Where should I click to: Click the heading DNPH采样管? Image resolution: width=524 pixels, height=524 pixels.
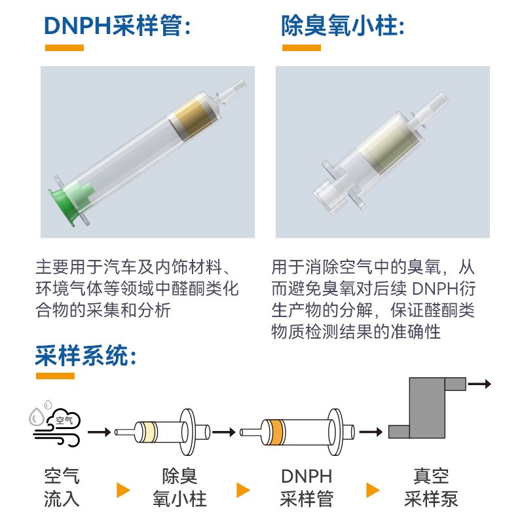point(118,26)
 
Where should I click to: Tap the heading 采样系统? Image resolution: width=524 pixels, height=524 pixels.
point(85,356)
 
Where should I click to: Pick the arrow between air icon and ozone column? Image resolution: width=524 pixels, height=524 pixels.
point(99,432)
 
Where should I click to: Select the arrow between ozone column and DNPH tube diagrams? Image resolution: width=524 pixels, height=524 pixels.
point(224,432)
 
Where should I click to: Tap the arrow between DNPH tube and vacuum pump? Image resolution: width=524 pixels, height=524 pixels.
point(371,432)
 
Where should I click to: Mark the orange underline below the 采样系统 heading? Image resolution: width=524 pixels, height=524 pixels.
point(55,376)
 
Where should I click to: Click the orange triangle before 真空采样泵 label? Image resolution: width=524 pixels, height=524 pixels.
point(373,490)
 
